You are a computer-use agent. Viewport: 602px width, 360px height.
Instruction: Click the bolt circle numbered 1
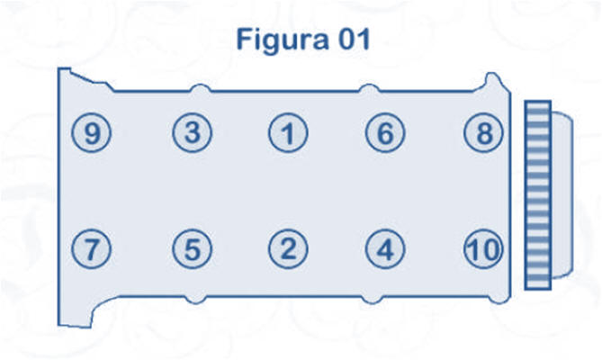288,135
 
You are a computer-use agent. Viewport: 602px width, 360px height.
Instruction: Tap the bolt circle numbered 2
288,249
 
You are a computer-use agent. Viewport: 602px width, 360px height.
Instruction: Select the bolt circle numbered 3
192,133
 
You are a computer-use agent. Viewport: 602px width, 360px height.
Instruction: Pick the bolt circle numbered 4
385,249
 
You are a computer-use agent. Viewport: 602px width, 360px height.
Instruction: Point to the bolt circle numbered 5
192,249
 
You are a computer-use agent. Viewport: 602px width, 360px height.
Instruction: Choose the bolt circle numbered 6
385,134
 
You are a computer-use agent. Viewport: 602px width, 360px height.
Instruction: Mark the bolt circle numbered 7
91,249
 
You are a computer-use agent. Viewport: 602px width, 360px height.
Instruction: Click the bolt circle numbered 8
484,134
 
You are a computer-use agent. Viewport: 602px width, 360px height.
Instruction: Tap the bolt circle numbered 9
91,134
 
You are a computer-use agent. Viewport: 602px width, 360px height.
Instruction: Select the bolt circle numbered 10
484,249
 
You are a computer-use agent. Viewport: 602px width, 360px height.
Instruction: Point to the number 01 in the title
351,40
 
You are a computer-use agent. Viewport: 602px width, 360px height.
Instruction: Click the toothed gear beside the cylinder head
537,194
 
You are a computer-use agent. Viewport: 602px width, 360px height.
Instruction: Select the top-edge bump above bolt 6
368,88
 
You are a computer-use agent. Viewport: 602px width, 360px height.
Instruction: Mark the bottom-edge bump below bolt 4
370,298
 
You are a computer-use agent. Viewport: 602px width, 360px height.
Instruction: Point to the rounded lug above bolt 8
491,83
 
